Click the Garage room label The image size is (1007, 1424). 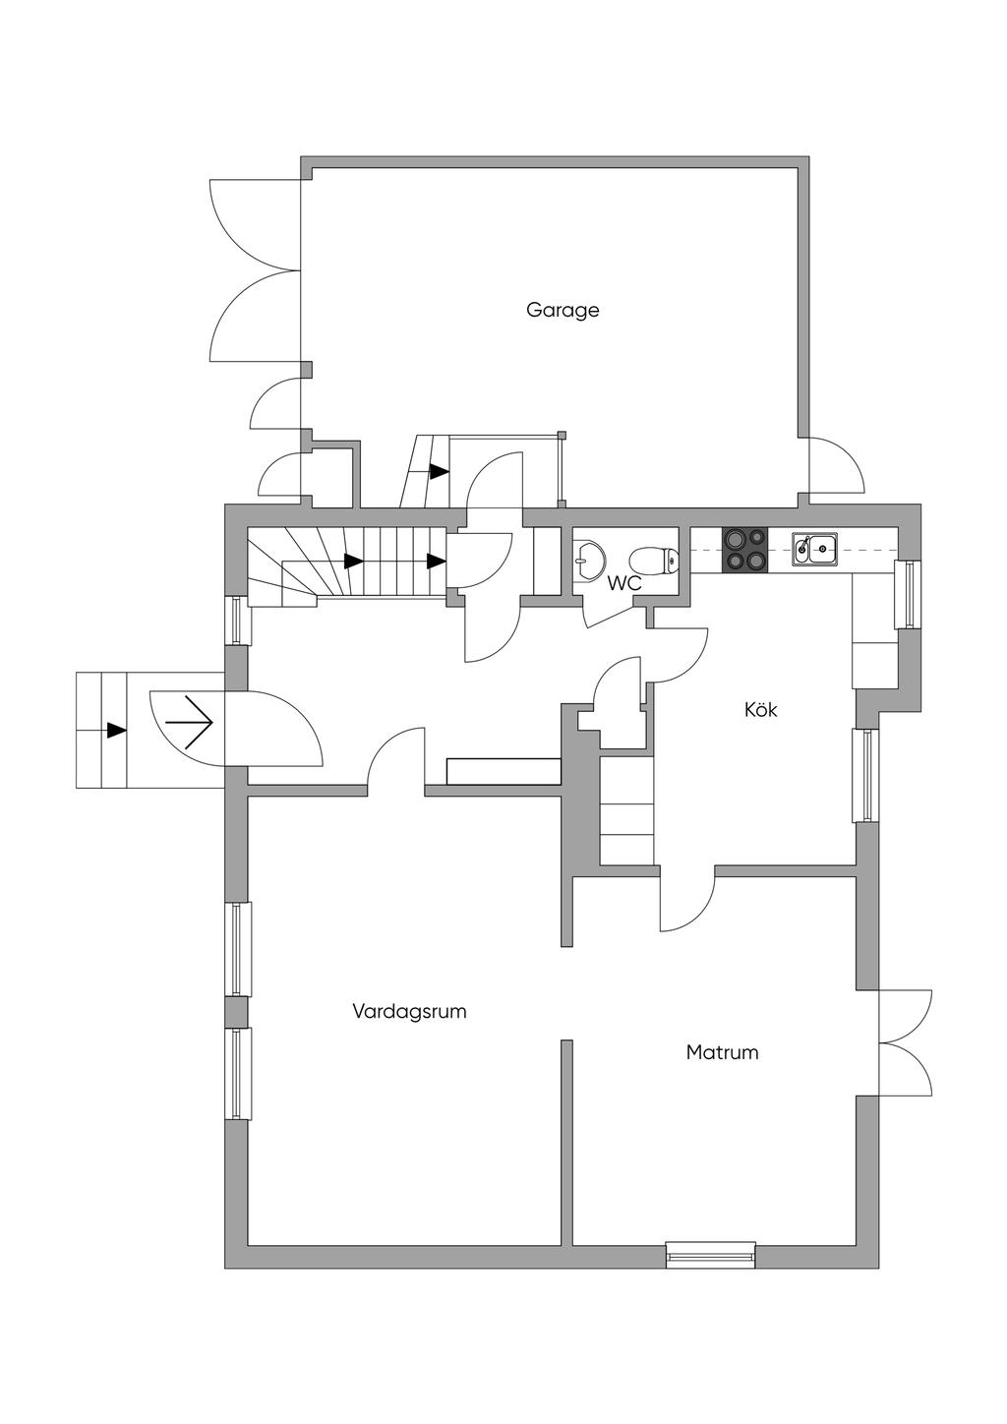tap(563, 310)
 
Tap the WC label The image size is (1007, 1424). tap(624, 583)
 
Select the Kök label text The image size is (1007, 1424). tap(760, 709)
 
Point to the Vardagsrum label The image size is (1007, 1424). tap(409, 1011)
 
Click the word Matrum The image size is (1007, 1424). tap(722, 1052)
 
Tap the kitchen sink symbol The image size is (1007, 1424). tap(815, 549)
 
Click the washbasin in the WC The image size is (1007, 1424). tap(590, 559)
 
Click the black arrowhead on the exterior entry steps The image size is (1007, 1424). tap(117, 730)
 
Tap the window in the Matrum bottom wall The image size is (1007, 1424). tap(710, 1255)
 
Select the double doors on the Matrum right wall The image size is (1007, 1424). tap(905, 1041)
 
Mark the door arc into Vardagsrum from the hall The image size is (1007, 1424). tap(395, 757)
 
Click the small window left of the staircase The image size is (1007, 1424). tap(236, 620)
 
